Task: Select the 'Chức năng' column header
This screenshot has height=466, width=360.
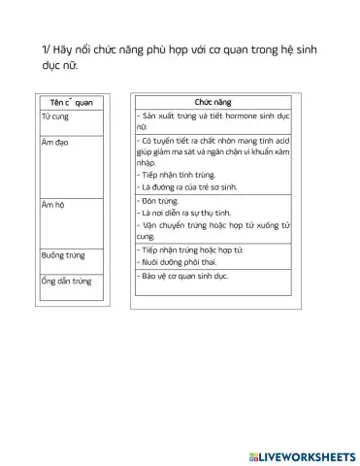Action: pos(213,102)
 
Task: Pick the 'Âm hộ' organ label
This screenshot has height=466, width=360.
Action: pos(52,206)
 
